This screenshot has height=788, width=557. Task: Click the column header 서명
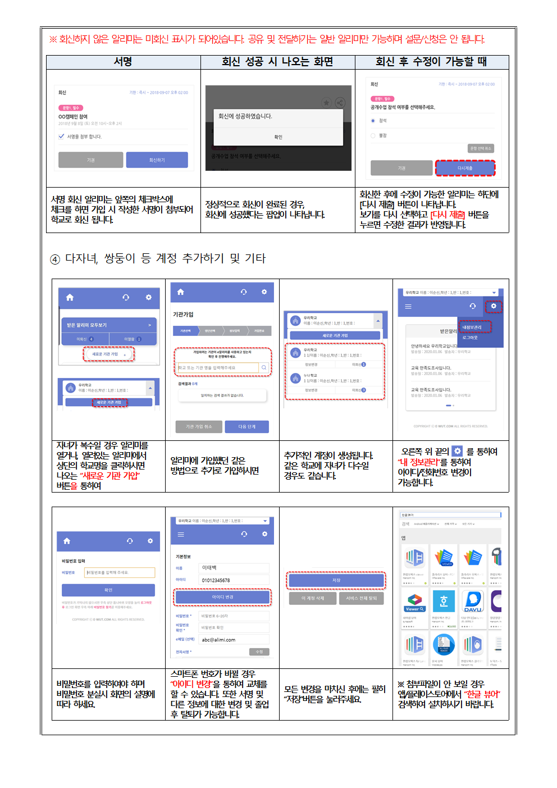coord(123,62)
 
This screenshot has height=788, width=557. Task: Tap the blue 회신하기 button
coord(157,160)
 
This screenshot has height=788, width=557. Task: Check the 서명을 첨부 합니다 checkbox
coord(61,136)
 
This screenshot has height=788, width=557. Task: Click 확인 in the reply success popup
coord(278,137)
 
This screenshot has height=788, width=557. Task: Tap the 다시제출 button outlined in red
coord(465,168)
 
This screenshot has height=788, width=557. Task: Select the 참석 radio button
coord(373,121)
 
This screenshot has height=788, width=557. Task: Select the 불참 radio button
coord(373,135)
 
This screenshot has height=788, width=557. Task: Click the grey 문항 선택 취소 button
coord(481,148)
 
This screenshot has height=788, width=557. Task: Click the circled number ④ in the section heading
coord(55,259)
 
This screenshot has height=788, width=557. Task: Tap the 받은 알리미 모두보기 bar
coord(109,325)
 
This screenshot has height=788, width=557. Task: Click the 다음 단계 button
coord(246,427)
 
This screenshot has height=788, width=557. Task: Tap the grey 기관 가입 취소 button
coord(199,427)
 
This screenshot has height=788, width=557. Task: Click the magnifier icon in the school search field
coord(264,368)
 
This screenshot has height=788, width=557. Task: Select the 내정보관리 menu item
coord(472,327)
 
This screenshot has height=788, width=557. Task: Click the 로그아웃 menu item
coord(470,338)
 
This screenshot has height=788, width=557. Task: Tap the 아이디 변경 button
coord(222,597)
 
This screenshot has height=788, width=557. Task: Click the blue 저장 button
coord(336,581)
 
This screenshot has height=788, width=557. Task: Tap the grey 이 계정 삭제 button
coord(312,599)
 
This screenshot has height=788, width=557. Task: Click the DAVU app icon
coord(473,601)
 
